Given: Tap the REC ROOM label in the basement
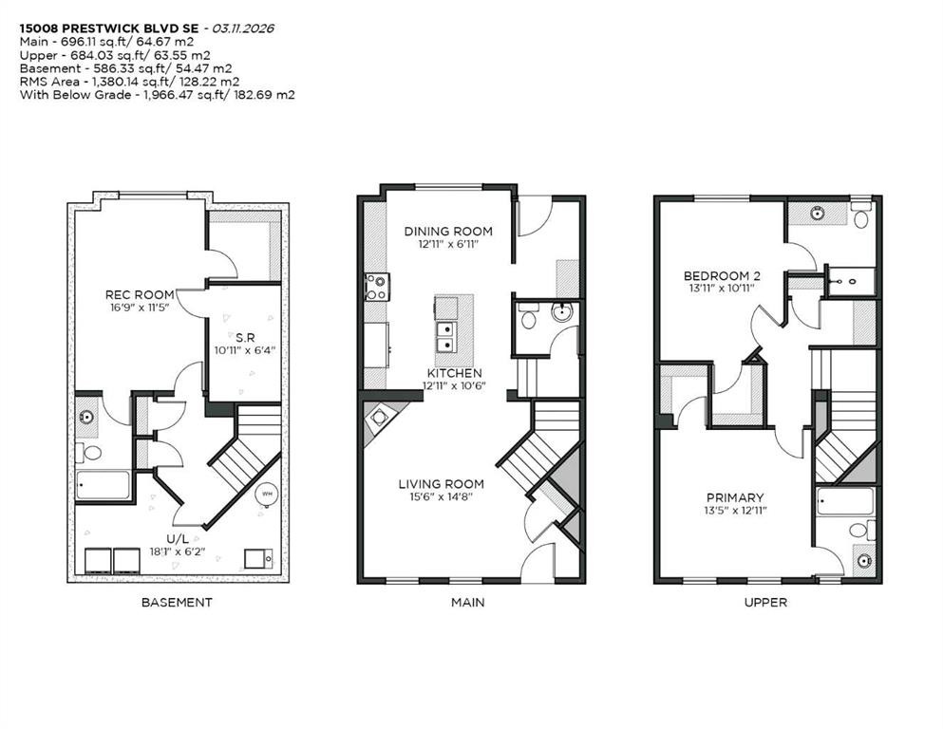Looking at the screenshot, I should click(140, 295).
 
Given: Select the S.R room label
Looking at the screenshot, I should click(244, 337).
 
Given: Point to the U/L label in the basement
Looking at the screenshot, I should click(178, 538).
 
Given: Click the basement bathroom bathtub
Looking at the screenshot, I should click(104, 485).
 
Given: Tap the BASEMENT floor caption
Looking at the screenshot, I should click(177, 602).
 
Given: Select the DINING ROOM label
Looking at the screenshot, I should click(448, 232).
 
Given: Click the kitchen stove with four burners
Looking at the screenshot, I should click(375, 287).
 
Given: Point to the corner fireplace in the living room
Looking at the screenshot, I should click(381, 418).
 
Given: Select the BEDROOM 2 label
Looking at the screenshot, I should click(723, 276).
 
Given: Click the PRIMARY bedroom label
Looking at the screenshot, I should click(734, 497).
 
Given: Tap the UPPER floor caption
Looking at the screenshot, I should click(765, 602).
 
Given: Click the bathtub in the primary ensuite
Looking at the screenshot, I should click(845, 501).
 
